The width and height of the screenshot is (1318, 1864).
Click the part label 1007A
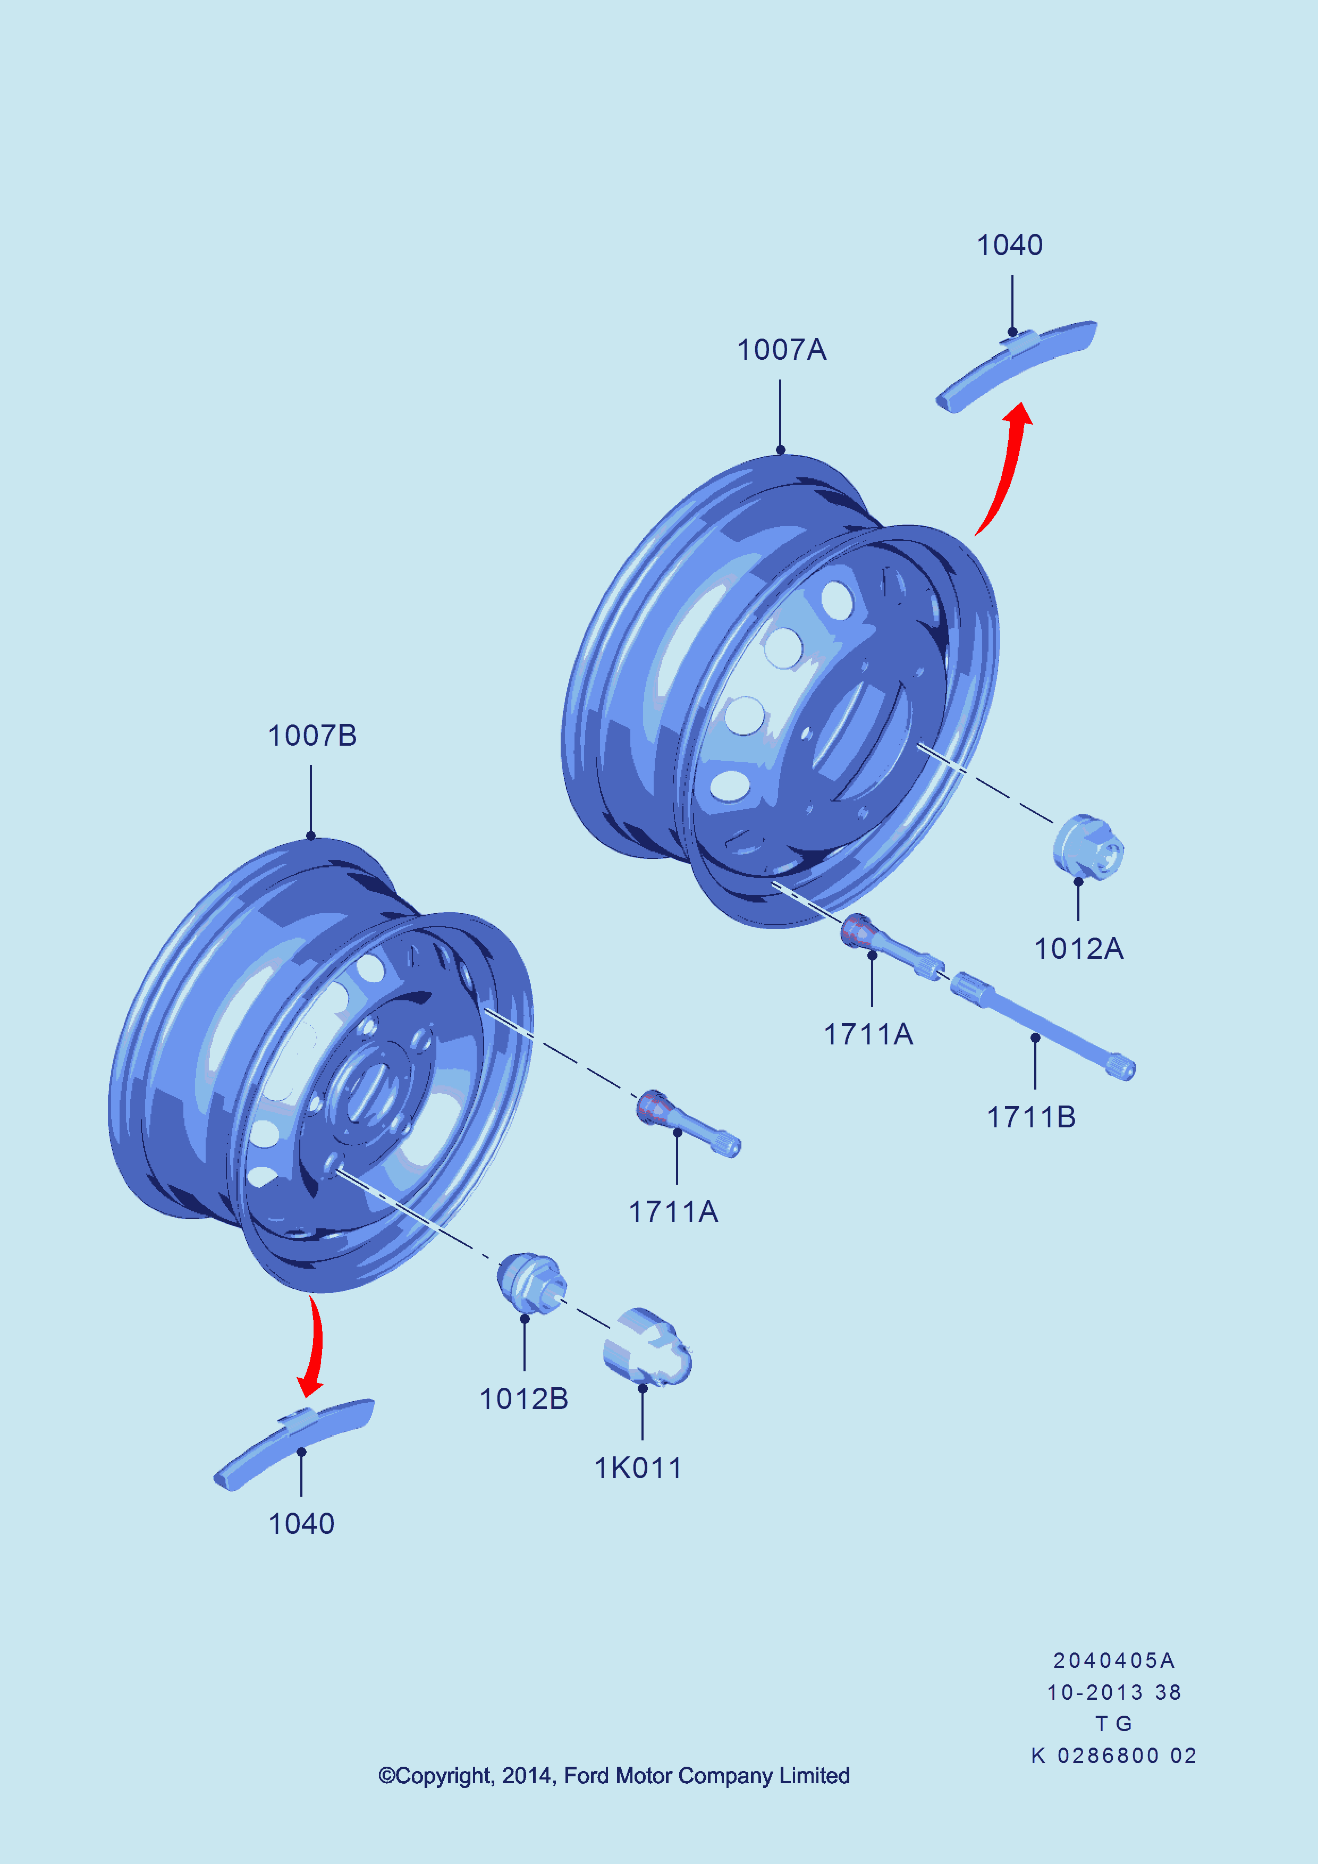(x=781, y=350)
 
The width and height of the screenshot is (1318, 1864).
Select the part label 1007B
(x=312, y=736)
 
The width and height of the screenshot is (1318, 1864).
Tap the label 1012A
(x=1079, y=948)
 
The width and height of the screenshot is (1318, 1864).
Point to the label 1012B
(x=523, y=1399)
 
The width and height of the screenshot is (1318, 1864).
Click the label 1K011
(x=638, y=1468)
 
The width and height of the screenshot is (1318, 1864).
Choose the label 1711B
(x=1032, y=1117)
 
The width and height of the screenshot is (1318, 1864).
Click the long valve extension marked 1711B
(x=1042, y=1026)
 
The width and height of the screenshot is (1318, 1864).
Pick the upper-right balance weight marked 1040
(x=1017, y=366)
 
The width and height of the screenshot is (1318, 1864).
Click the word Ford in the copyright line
(x=587, y=1776)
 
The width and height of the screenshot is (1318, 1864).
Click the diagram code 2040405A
(x=1113, y=1660)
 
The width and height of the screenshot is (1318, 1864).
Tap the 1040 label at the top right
(x=1010, y=245)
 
